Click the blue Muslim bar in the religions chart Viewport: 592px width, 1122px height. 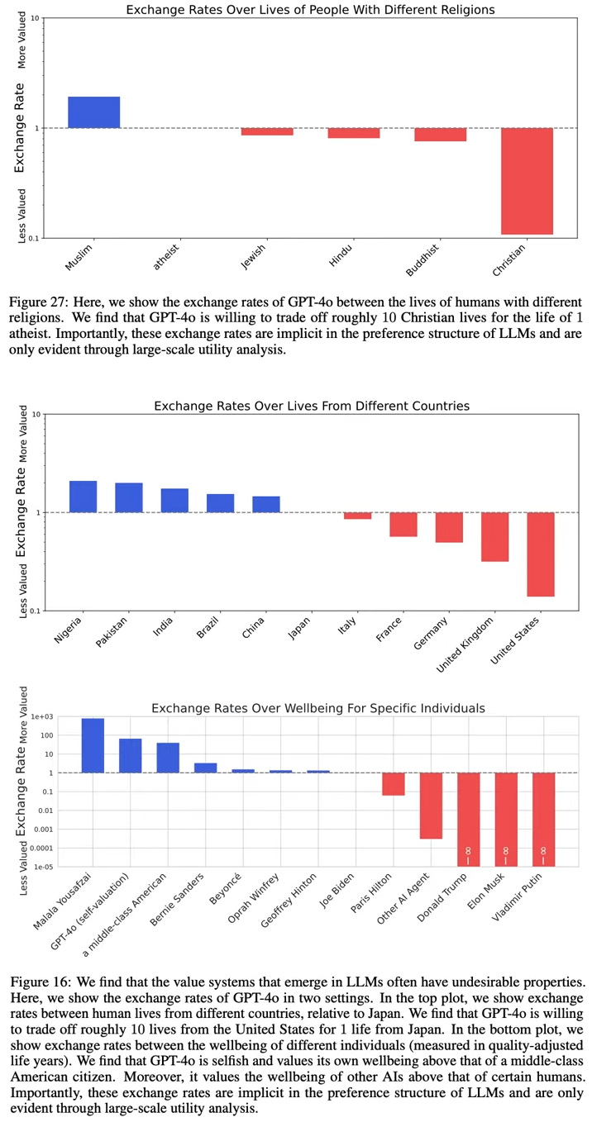click(x=93, y=112)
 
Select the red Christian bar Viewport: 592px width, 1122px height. click(x=527, y=181)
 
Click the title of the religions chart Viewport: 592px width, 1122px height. click(x=310, y=10)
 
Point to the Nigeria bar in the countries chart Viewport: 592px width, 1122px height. click(x=83, y=497)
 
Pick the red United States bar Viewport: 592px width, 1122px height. click(x=541, y=554)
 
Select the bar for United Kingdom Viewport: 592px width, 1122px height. click(x=494, y=536)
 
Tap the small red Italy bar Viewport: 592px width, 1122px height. click(x=357, y=516)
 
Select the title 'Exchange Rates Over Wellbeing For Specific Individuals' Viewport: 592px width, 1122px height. click(x=317, y=708)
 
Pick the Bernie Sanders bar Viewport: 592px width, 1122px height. click(x=205, y=768)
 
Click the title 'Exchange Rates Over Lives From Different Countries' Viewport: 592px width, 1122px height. click(x=312, y=406)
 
